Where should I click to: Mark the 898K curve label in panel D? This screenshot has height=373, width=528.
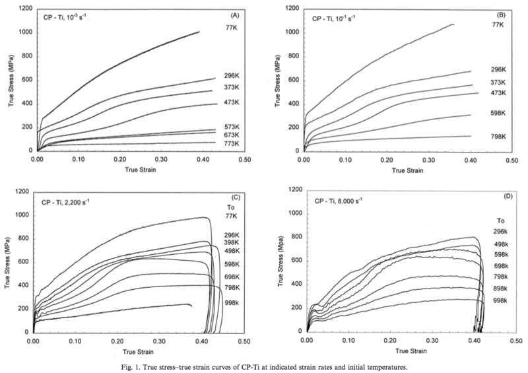(501, 288)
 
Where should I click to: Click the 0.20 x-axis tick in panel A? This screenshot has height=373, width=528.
(120, 159)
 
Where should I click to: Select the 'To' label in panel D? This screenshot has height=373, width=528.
(501, 221)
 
